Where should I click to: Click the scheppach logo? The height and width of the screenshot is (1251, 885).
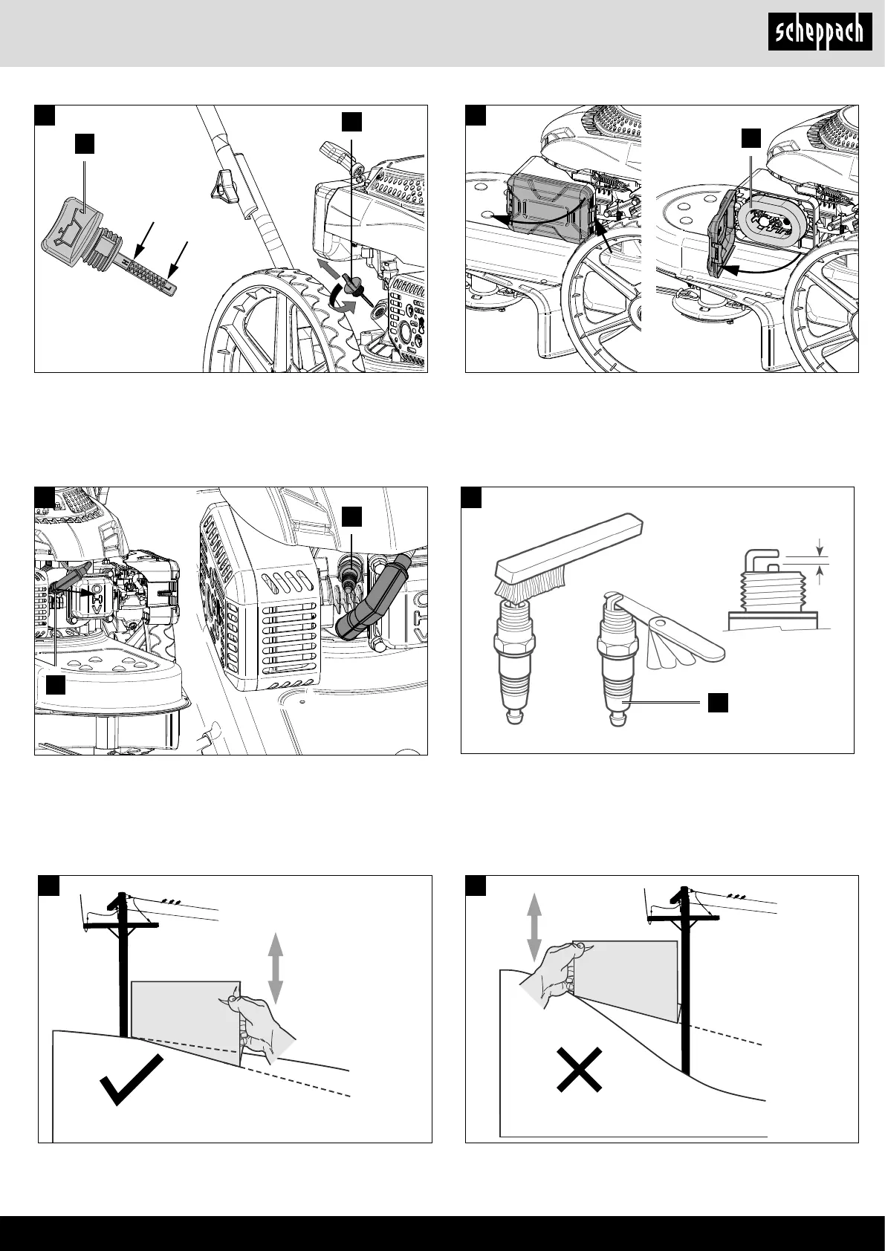820,33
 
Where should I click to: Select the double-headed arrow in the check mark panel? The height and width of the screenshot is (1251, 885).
275,969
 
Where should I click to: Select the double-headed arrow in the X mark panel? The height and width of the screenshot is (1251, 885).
534,928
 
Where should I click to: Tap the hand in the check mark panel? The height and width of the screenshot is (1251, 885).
259,1029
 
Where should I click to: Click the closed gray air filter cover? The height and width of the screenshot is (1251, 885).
551,202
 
